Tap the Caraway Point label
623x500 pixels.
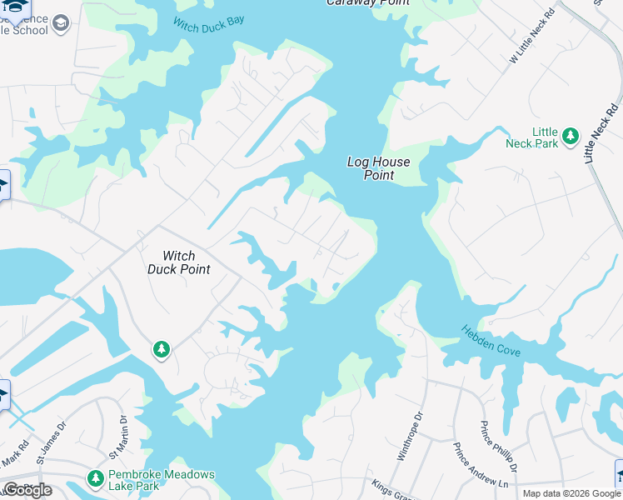pyautogui.click(x=367, y=2)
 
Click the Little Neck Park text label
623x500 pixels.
pyautogui.click(x=533, y=137)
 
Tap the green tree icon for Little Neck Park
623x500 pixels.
pyautogui.click(x=571, y=135)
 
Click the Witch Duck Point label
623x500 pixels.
pyautogui.click(x=178, y=262)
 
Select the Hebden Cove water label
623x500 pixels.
pyautogui.click(x=491, y=341)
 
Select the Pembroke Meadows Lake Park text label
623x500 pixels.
pyautogui.click(x=161, y=481)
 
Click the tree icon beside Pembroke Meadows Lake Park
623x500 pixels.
pyautogui.click(x=95, y=480)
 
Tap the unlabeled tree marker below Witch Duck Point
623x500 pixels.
pyautogui.click(x=162, y=350)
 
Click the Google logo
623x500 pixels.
pyautogui.click(x=27, y=490)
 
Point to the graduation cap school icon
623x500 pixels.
pyautogui.click(x=60, y=23)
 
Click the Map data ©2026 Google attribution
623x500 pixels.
pyautogui.click(x=571, y=493)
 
